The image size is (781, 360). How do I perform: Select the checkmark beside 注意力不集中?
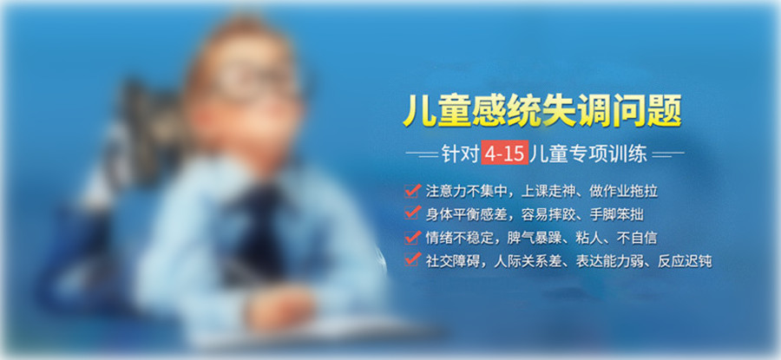pyautogui.click(x=411, y=189)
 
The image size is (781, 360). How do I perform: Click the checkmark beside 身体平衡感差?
pyautogui.click(x=411, y=213)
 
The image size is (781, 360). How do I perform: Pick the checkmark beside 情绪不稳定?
pyautogui.click(x=411, y=236)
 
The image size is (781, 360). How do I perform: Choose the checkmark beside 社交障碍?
pyautogui.click(x=411, y=259)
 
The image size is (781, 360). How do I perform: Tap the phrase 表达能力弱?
pyautogui.click(x=614, y=260)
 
